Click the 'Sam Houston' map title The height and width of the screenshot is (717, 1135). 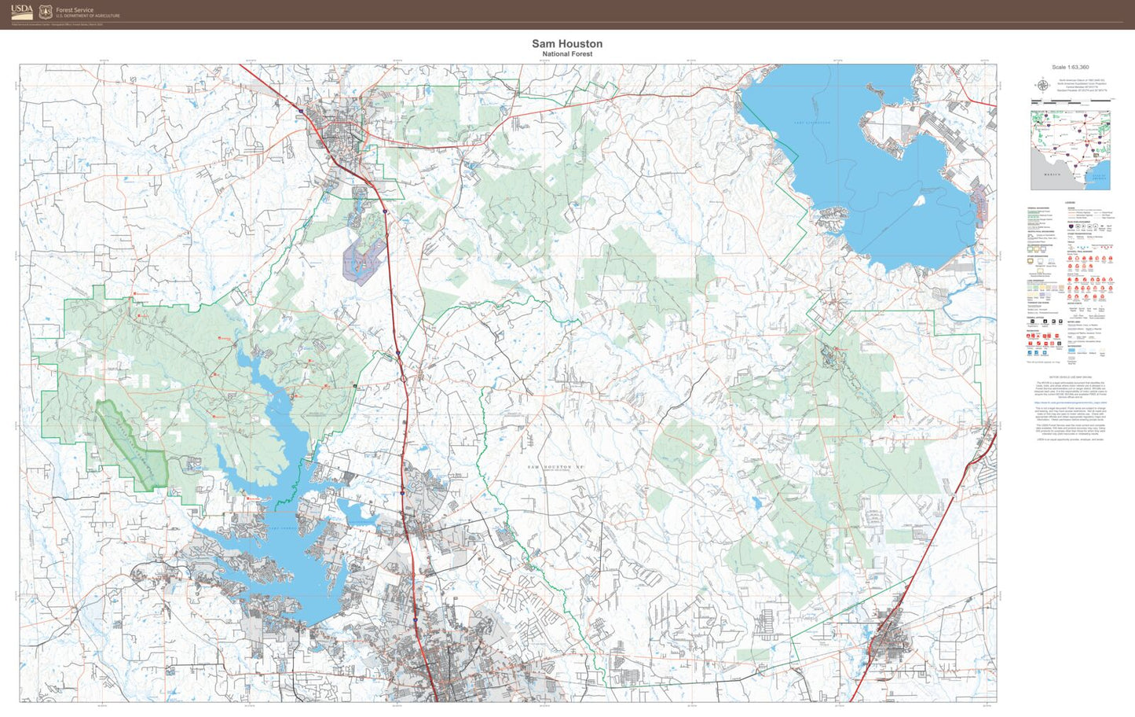click(567, 44)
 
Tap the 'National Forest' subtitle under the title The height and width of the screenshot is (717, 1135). click(567, 54)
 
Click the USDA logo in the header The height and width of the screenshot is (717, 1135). click(22, 11)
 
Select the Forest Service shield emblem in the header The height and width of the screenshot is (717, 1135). click(46, 12)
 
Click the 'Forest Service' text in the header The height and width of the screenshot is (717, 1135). click(75, 10)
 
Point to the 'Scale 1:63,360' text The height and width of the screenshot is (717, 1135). click(1070, 68)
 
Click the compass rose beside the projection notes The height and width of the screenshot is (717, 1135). click(1042, 85)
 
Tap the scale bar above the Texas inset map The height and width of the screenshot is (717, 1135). click(1071, 101)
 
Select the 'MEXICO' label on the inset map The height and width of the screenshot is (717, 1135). click(1052, 174)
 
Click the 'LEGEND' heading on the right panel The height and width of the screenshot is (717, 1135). click(1070, 203)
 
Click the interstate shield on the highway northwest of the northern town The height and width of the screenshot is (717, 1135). click(299, 113)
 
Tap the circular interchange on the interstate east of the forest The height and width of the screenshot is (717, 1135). click(403, 379)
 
